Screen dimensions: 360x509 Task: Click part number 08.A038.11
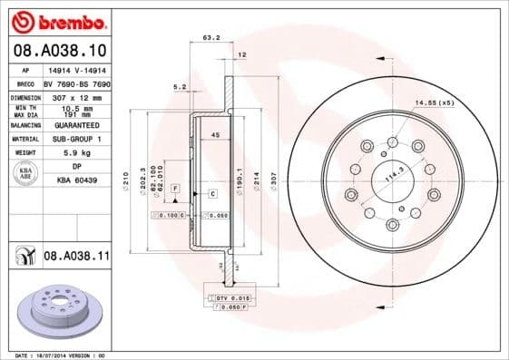tap(76, 258)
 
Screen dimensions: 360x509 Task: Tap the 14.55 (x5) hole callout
tap(435, 103)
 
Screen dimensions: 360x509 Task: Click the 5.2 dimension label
tap(180, 87)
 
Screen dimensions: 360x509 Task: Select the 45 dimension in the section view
tap(214, 135)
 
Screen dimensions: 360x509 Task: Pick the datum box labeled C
tap(212, 194)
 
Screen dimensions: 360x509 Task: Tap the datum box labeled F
tap(175, 187)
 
